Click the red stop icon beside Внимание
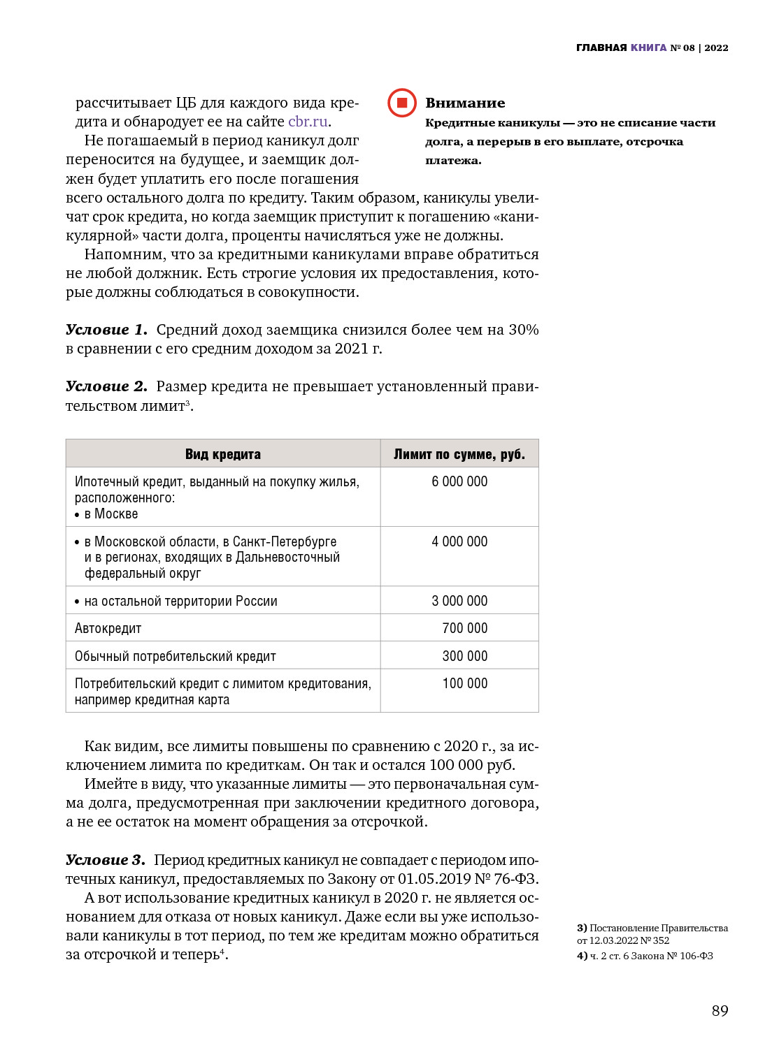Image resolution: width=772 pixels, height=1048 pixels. point(402,103)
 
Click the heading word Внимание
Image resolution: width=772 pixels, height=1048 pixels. point(465,103)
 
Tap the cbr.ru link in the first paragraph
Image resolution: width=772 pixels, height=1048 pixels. point(308,122)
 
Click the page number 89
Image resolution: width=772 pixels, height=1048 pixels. point(720,1011)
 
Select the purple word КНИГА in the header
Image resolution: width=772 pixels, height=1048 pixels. point(648,48)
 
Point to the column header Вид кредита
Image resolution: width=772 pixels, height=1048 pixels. point(223,454)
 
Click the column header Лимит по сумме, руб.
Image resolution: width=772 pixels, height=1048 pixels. point(459,454)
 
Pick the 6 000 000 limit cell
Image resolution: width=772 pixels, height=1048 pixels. point(459,481)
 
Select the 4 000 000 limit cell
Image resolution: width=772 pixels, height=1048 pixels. point(459,541)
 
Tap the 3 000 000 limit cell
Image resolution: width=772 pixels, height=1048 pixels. point(459,601)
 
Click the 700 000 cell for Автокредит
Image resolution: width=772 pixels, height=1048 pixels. point(464,628)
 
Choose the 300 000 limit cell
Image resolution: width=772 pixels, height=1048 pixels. point(464,656)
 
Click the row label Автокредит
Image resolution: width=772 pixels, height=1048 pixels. point(108,629)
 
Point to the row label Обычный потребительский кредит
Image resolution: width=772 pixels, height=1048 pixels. point(176,657)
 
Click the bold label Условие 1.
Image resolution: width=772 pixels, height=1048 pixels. point(106,330)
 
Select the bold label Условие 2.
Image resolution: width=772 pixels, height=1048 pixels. point(106,386)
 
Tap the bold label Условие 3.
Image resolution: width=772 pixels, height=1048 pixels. point(105,860)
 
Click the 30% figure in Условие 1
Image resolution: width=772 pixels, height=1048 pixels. point(523,330)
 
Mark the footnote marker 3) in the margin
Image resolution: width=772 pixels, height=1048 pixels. point(582,928)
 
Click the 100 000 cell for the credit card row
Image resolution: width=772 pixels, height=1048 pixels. point(464,683)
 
